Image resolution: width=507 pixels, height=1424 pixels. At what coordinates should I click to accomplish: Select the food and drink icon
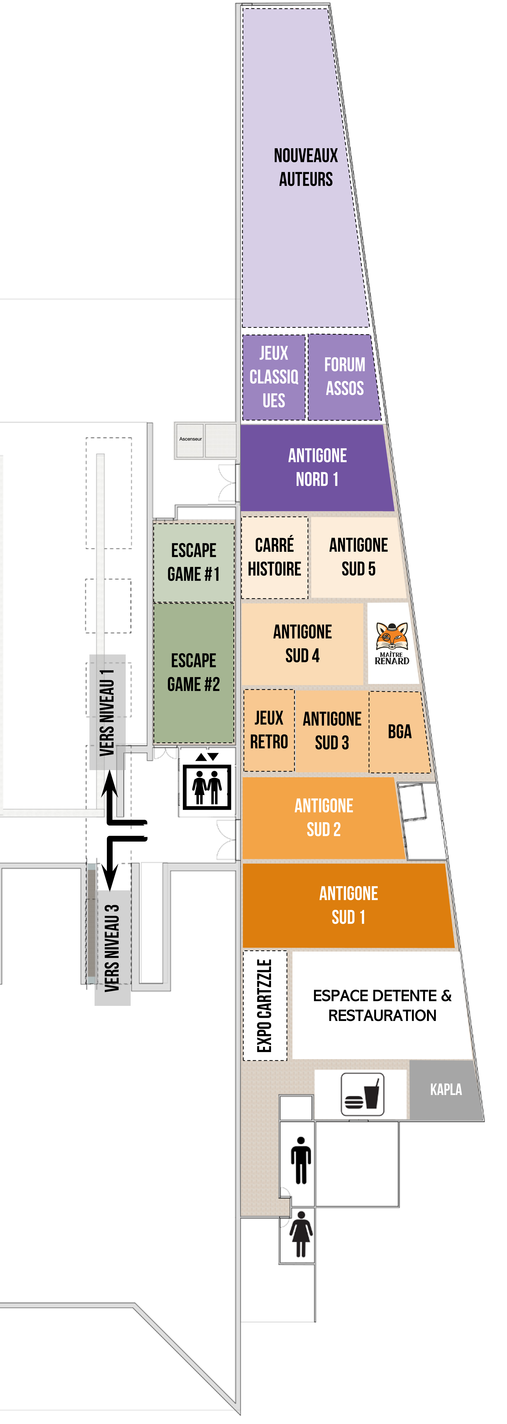click(x=362, y=1094)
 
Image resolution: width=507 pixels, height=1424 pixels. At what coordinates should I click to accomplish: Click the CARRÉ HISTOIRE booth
click(x=275, y=557)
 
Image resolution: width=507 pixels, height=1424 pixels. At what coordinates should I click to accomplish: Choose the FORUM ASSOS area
click(x=344, y=376)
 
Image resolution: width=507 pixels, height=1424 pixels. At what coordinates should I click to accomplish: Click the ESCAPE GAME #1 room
click(x=194, y=562)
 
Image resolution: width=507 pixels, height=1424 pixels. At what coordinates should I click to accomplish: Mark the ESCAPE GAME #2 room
click(x=194, y=672)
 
